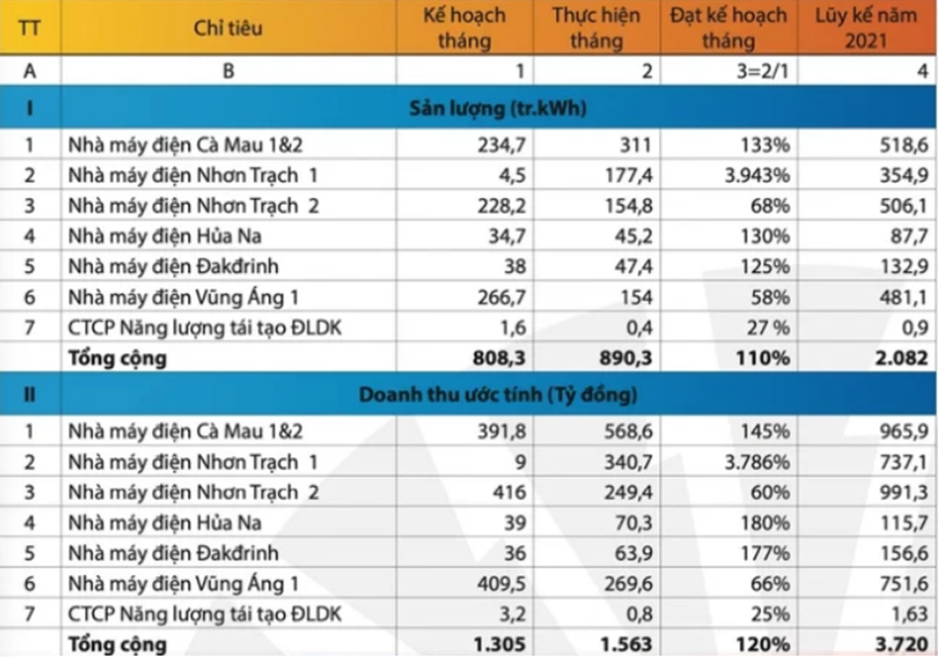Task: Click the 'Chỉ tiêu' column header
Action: pyautogui.click(x=228, y=28)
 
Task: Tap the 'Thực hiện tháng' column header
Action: pyautogui.click(x=596, y=28)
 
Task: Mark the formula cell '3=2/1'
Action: pyautogui.click(x=761, y=70)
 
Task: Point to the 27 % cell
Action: pyautogui.click(x=766, y=328)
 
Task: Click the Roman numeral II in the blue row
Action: pyautogui.click(x=29, y=394)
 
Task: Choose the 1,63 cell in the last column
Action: pyautogui.click(x=908, y=614)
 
